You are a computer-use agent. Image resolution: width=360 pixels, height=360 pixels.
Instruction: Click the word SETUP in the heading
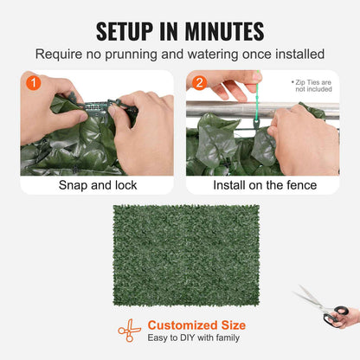(130, 32)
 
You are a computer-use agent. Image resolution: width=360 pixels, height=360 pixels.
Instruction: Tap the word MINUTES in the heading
(220, 32)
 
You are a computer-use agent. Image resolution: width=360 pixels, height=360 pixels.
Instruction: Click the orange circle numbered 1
(32, 85)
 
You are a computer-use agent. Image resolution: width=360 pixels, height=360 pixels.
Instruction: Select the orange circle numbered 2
(198, 85)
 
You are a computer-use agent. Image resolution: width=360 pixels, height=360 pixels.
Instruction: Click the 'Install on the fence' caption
(262, 185)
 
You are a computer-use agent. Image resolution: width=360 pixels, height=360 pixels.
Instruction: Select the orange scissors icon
(130, 331)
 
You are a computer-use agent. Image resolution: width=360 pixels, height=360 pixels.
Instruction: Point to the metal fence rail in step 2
(225, 110)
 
